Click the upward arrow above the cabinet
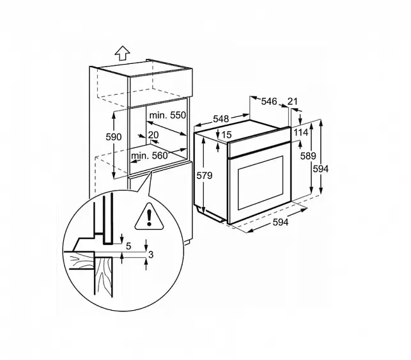click(122, 53)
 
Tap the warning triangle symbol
click(149, 217)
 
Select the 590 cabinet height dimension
click(114, 137)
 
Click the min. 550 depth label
click(167, 115)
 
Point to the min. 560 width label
click(149, 156)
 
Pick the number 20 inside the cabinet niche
click(153, 135)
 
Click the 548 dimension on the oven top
click(221, 119)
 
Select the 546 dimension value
click(269, 101)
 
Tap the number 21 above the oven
click(293, 101)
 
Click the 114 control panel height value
click(300, 132)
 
